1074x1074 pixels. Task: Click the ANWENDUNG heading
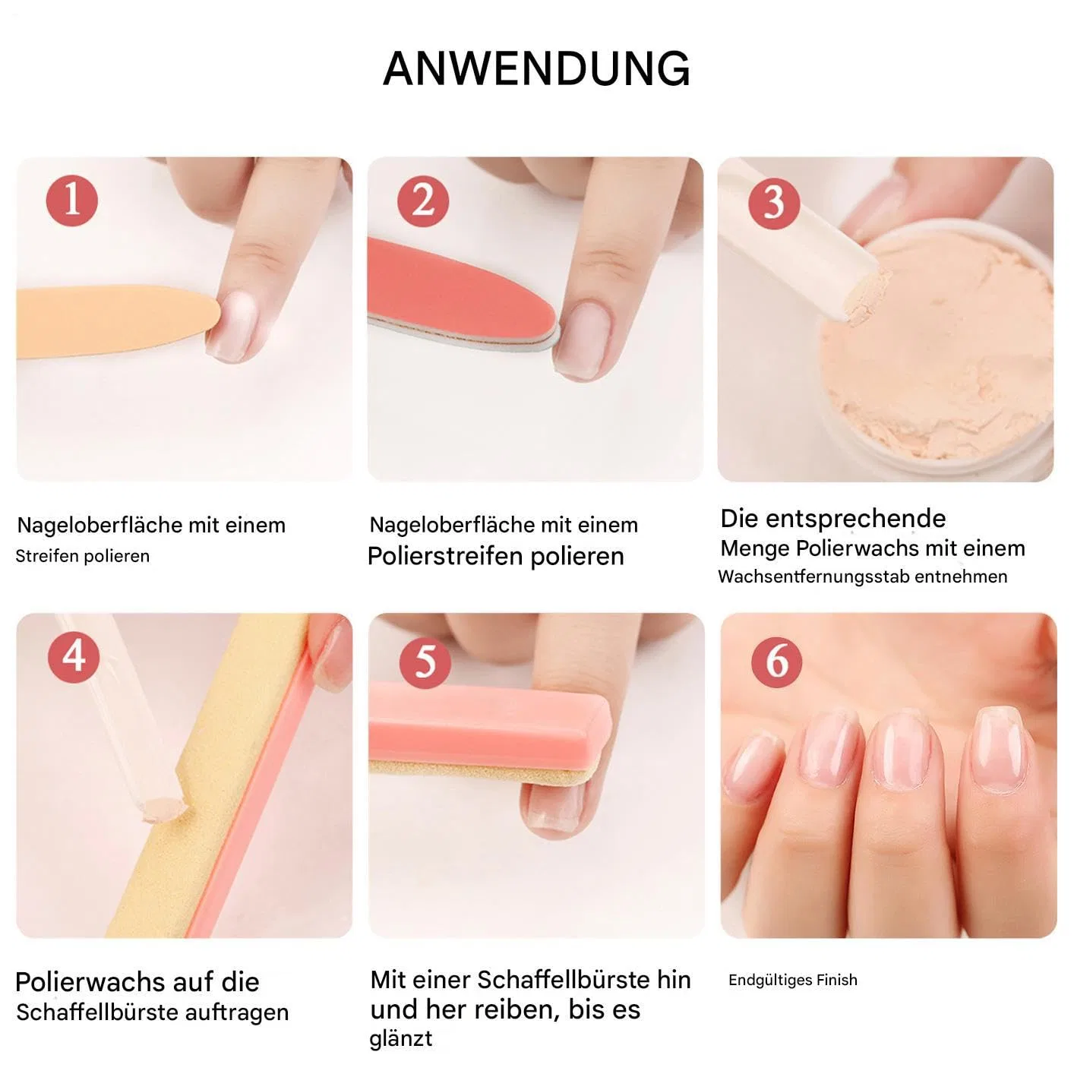(x=536, y=69)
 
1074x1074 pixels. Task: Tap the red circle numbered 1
(x=72, y=201)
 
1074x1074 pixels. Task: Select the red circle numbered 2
(x=423, y=201)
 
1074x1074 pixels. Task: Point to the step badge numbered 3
(x=773, y=204)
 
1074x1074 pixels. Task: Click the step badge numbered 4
(x=74, y=657)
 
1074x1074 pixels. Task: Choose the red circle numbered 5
(x=425, y=662)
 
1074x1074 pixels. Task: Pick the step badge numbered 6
(x=776, y=662)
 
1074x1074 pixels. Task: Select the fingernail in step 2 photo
(x=583, y=340)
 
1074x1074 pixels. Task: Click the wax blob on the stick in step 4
(x=162, y=809)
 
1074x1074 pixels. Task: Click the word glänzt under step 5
(x=401, y=1038)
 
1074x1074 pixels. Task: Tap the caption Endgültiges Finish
(x=792, y=980)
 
